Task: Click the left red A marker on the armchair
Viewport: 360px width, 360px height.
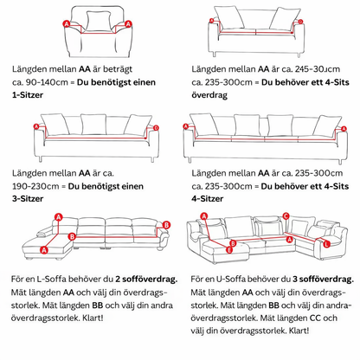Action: point(67,23)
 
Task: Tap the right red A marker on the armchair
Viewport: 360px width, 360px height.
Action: point(128,24)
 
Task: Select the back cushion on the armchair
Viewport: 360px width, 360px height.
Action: point(99,21)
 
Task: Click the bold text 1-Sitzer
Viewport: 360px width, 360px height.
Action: point(28,95)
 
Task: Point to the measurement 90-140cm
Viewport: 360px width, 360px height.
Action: point(47,82)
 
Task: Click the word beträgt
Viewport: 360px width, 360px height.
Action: point(118,69)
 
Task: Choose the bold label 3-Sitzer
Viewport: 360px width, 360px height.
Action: point(28,199)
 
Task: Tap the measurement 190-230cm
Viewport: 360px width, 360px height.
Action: point(35,186)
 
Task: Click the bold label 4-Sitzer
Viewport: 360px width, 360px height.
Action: point(208,199)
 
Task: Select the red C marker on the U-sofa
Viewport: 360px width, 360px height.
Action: point(286,216)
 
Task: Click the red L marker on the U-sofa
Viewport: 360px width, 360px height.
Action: point(326,244)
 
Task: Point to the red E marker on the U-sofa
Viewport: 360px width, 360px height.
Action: point(229,250)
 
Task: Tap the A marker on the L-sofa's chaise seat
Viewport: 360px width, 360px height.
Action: point(44,250)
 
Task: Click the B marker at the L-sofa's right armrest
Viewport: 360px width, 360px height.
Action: point(166,225)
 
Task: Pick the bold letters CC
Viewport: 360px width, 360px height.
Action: point(315,318)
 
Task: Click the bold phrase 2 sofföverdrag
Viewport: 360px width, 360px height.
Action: point(146,280)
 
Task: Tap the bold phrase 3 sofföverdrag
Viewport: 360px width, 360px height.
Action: point(323,280)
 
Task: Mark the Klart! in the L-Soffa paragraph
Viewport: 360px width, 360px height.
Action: point(93,318)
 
